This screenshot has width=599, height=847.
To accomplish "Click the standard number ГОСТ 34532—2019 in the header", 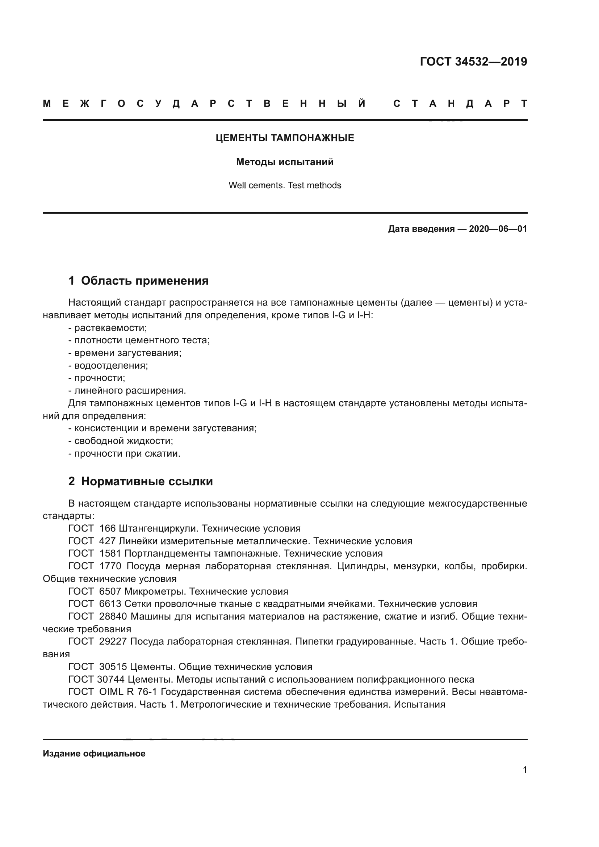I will point(473,62).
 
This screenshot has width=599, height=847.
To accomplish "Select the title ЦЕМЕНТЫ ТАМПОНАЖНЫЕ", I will point(285,138).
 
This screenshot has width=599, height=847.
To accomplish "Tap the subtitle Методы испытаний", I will point(285,162).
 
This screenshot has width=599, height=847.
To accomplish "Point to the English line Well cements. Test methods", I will point(285,185).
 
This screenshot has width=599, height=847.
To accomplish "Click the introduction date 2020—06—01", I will point(498,229).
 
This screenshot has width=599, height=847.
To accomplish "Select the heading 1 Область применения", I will point(139,281).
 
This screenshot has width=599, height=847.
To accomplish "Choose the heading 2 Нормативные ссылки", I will point(141,482).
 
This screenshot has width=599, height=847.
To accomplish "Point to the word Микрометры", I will point(155,592).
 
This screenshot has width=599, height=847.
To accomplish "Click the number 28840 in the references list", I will point(113,617).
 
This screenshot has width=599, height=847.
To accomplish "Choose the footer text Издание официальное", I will point(94,754).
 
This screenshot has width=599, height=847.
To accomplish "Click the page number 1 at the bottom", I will point(524,770).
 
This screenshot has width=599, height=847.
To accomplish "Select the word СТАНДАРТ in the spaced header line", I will point(460,104).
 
